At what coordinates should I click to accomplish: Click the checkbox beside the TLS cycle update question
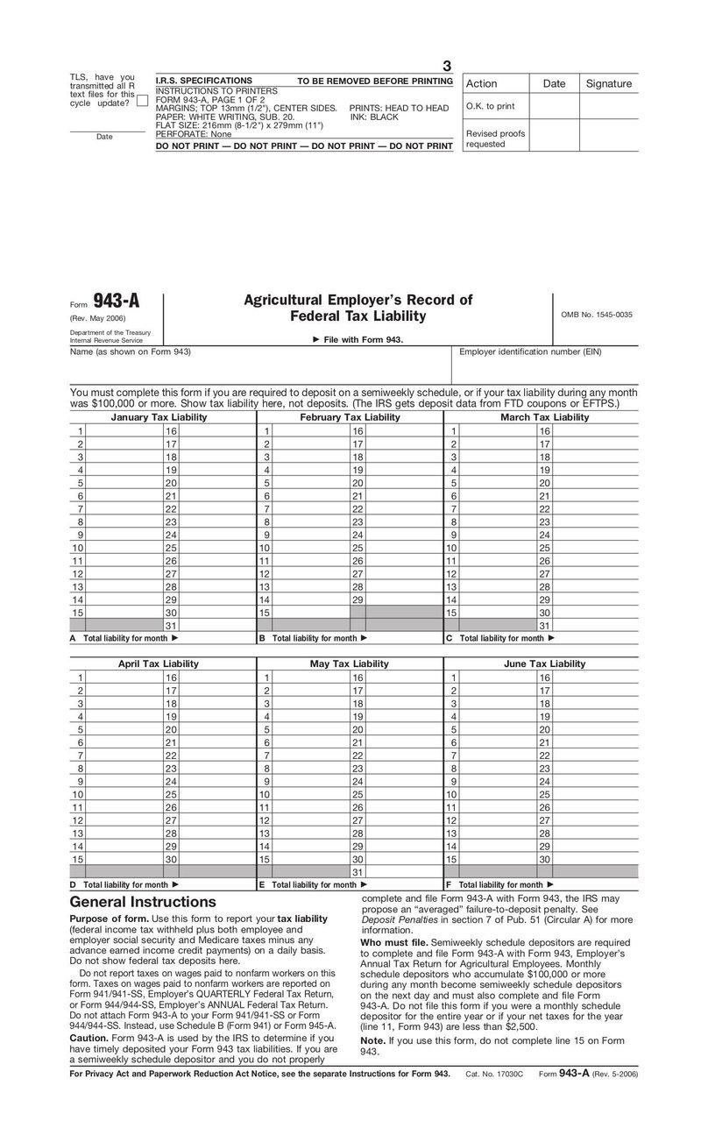(x=142, y=102)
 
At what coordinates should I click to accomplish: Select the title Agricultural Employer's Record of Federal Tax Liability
(x=358, y=308)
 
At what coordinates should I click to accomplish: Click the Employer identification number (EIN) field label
(x=531, y=352)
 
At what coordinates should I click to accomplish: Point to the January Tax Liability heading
(x=159, y=417)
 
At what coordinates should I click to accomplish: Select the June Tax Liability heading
(x=544, y=663)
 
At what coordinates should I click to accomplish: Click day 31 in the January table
(x=172, y=626)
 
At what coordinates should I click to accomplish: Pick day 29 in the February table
(x=358, y=599)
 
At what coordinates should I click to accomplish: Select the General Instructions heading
(x=142, y=902)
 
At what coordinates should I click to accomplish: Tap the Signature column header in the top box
(x=608, y=84)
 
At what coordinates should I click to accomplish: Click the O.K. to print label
(x=490, y=106)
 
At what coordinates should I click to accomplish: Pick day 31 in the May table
(x=358, y=872)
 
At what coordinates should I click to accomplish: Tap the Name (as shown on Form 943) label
(x=131, y=352)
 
